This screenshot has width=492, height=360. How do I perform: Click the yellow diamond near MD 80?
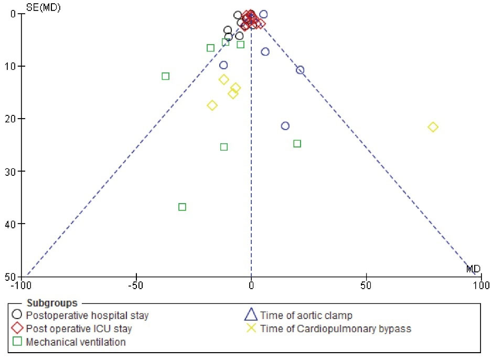pos(433,127)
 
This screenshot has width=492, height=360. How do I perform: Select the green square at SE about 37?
pos(182,207)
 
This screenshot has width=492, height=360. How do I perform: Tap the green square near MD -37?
pos(166,76)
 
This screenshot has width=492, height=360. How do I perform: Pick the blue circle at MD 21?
pos(300,70)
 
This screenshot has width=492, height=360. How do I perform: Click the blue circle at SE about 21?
pos(285,126)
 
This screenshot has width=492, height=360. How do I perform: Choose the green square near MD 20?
pos(297,144)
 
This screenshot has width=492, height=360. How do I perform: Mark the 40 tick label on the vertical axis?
pos(12,224)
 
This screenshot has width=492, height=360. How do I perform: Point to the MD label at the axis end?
pos(474,269)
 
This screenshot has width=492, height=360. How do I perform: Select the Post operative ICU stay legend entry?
pos(79,329)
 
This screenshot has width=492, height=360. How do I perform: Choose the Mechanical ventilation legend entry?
pos(76,342)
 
